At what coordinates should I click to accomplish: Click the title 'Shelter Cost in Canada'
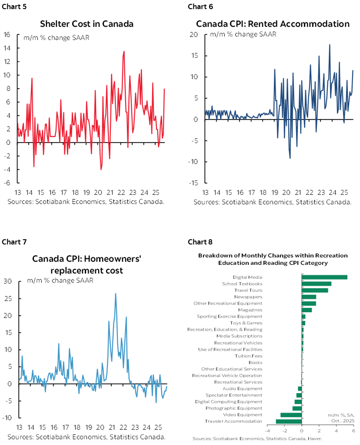87,23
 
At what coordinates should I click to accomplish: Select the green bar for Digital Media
324,277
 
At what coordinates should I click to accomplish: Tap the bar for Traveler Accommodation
289,421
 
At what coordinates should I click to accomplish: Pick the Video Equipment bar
291,415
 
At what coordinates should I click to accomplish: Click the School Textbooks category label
242,284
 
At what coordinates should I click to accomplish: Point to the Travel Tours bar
315,290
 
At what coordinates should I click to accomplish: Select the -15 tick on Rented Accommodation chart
193,183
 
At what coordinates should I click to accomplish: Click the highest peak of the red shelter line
124,51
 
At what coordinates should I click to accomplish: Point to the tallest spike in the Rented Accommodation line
330,44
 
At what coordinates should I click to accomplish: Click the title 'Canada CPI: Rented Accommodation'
273,23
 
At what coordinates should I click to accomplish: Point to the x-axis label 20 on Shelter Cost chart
98,193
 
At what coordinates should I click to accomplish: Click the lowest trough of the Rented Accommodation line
290,158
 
